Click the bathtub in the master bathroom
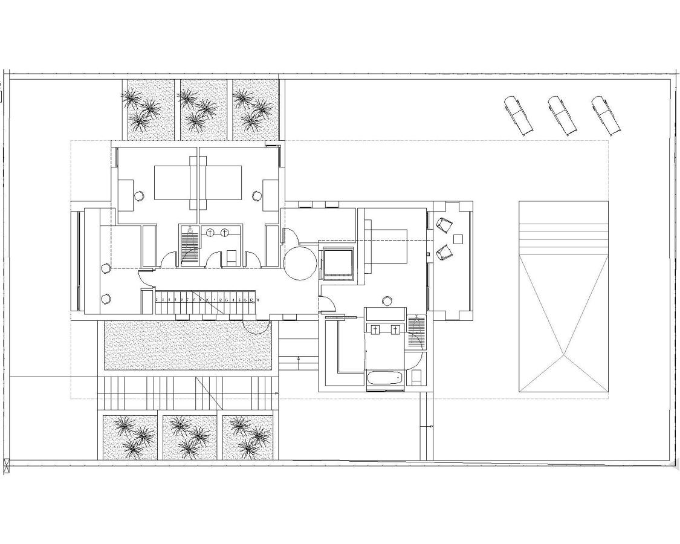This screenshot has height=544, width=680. pos(384,378)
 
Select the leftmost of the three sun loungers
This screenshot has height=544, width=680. pos(519,115)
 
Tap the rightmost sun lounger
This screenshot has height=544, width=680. pos(606,115)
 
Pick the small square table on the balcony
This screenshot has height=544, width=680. pos(458,239)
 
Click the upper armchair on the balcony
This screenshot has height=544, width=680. pos(444,224)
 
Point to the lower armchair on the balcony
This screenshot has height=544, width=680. pos(444,252)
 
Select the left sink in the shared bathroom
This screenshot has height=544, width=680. pos(210,232)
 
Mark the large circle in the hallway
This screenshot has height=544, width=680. pos(300,264)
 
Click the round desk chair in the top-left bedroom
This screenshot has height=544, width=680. pos(139,195)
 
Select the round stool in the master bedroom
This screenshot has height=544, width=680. pos(387,300)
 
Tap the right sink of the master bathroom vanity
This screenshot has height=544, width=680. pos(395,329)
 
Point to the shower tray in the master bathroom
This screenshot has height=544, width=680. pos(416,332)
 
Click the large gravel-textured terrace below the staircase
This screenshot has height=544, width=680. pos(187,345)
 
